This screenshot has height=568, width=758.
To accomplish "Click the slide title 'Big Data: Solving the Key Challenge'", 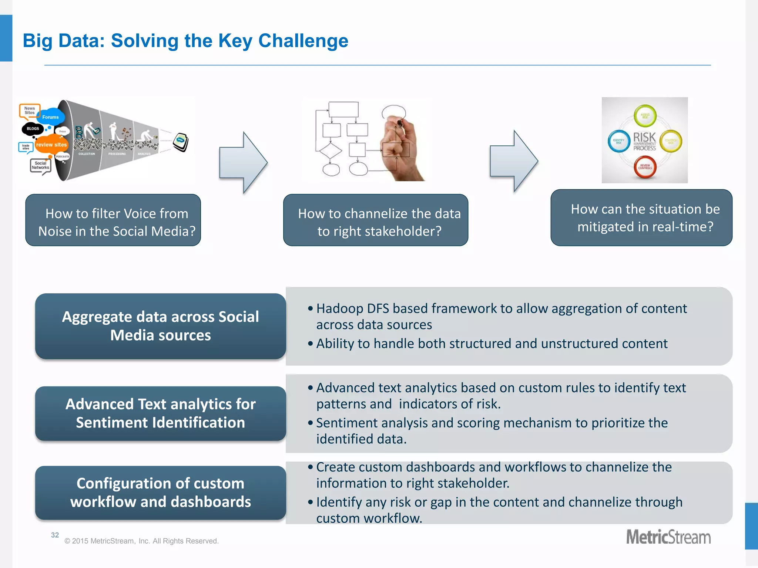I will click(185, 41).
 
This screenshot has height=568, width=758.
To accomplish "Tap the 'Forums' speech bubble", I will click(50, 117).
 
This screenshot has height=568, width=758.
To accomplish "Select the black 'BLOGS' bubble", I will click(33, 129).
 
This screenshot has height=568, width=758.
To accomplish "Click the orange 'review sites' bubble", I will click(51, 145).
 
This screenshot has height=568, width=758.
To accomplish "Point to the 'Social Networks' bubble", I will click(40, 166).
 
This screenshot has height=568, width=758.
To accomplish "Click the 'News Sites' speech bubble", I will click(29, 111).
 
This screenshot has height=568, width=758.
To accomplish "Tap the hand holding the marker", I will click(400, 148).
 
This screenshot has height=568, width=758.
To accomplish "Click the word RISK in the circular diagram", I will click(644, 137).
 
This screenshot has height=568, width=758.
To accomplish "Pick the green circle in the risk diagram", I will click(645, 116).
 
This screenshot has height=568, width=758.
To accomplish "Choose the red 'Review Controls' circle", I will click(645, 167).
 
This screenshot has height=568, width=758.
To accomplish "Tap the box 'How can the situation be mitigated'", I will click(641, 218).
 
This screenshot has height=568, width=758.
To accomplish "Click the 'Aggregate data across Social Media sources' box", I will click(160, 326).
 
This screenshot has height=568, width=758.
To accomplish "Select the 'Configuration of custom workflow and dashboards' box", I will click(160, 493).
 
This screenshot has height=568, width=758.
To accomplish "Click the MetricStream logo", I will click(668, 537).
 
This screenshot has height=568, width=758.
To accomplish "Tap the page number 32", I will click(55, 535).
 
